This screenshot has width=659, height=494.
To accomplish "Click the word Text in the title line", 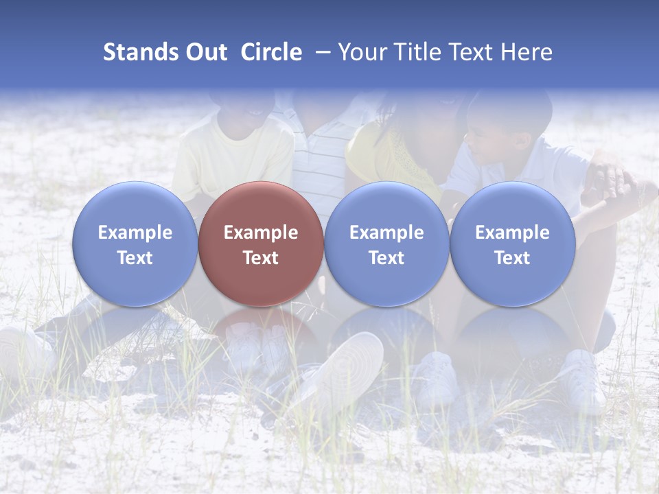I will coord(474,52).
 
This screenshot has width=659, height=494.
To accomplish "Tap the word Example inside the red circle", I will coord(261,233).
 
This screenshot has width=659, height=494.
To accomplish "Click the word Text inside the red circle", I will coord(261,258).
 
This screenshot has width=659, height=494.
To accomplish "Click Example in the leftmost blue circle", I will coord(135,233).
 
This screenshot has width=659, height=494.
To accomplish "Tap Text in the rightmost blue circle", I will coord(512,258).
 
